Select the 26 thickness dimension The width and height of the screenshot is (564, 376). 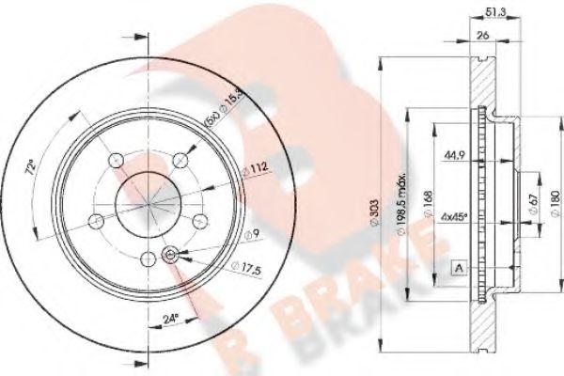pos(482,38)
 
